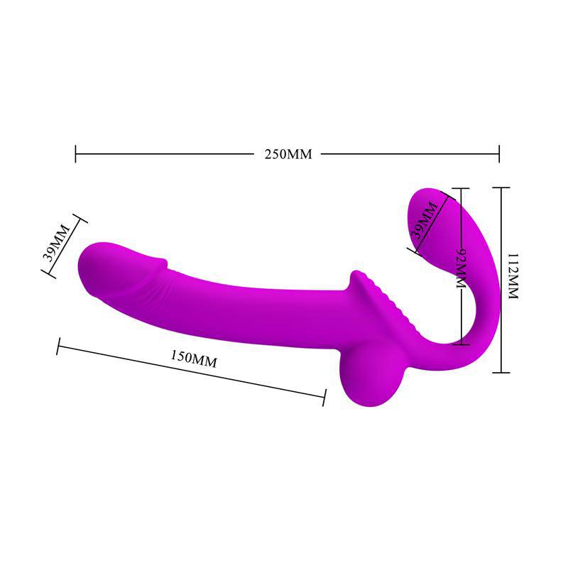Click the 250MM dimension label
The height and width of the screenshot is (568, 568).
point(288,154)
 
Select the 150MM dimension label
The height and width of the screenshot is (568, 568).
point(194,358)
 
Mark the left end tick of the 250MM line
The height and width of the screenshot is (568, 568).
point(76,153)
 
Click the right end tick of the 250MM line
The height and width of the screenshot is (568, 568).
point(499,153)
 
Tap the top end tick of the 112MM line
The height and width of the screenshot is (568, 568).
point(501,187)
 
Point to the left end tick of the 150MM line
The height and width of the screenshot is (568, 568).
point(58,346)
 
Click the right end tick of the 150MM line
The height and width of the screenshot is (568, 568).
point(324,398)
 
